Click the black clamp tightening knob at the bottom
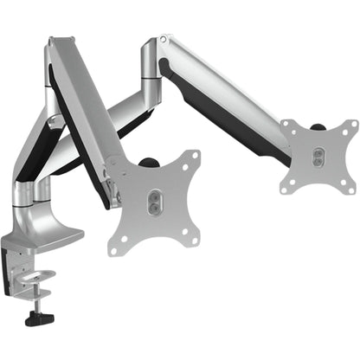pos(39,318)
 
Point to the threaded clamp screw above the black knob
pos(41,299)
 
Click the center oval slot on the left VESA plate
pos(157,201)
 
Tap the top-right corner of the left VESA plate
pos(195,156)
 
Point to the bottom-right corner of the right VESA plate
pos(350,186)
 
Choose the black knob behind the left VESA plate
pos(148,162)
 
